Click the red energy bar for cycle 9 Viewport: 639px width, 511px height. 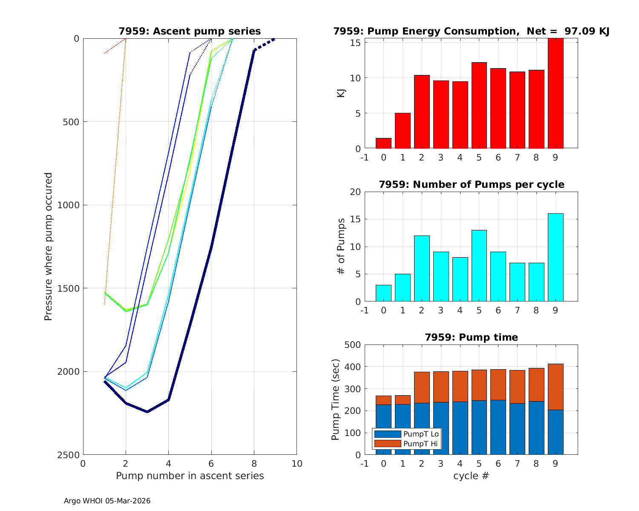pyautogui.click(x=556, y=94)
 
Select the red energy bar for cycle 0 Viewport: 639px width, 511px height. pyautogui.click(x=383, y=144)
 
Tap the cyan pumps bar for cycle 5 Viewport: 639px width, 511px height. pyautogui.click(x=479, y=266)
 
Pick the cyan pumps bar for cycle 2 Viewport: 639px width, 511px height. pyautogui.click(x=422, y=269)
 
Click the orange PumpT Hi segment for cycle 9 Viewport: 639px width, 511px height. pyautogui.click(x=556, y=387)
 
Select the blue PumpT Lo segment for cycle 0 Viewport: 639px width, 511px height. pyautogui.click(x=383, y=430)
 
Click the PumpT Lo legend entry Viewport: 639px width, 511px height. pyautogui.click(x=407, y=434)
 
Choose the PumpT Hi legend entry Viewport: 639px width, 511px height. pyautogui.click(x=407, y=444)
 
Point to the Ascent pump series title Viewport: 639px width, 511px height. pyautogui.click(x=190, y=31)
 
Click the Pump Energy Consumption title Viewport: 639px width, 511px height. pyautogui.click(x=471, y=31)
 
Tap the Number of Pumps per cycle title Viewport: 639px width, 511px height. pyautogui.click(x=471, y=184)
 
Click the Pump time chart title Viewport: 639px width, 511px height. pyautogui.click(x=471, y=337)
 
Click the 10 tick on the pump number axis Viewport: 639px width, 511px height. pyautogui.click(x=296, y=463)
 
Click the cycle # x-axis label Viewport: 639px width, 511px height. pyautogui.click(x=471, y=476)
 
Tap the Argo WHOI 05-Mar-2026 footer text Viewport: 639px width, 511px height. pyautogui.click(x=107, y=501)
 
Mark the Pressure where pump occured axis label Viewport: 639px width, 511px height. pyautogui.click(x=49, y=246)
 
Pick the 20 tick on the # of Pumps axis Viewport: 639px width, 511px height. pyautogui.click(x=355, y=192)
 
